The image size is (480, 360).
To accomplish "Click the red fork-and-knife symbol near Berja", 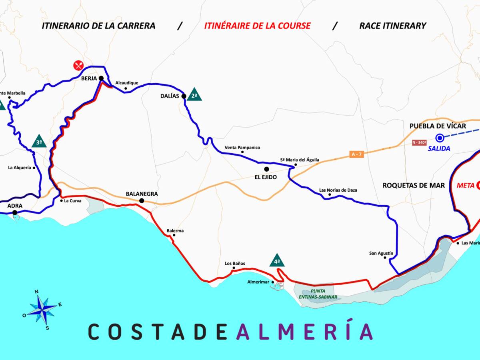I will pos(78,65).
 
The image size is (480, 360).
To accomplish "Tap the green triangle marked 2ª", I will pos(194,95).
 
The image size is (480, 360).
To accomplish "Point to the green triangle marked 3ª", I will pos(39,142).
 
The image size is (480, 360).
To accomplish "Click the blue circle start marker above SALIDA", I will pos(440,138).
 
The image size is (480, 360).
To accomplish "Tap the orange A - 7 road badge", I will pos(356,154).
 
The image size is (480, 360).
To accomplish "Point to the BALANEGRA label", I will pos(142,194).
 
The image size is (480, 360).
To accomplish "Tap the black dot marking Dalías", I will pos(184,96).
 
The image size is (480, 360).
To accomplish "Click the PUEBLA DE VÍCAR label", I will pos(438,126).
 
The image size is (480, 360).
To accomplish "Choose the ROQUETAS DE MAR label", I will pos(414,185).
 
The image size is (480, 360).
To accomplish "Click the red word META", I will pos(465,185).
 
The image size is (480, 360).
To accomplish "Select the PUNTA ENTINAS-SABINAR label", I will pos(318,294).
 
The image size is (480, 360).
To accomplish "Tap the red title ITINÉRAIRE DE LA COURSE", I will pos(257,26).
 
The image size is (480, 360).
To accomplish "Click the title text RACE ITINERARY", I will pos(392,26).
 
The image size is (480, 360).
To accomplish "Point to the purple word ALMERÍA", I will pos(304,331).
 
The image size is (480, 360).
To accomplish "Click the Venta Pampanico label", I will pos(242,148).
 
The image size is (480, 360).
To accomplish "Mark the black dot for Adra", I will pos(15,212).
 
